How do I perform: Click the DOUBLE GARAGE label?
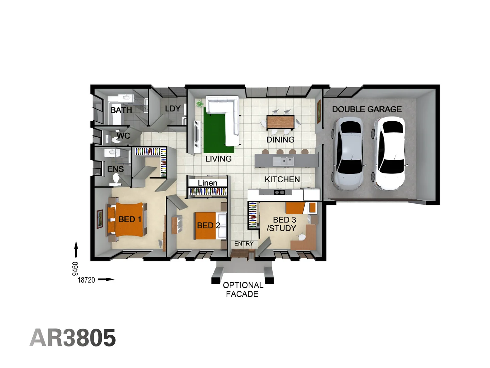[x=366, y=109]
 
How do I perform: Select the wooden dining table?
[x=280, y=122]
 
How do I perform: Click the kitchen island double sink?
[x=287, y=161]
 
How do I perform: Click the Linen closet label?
[x=207, y=183]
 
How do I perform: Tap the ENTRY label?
[x=244, y=243]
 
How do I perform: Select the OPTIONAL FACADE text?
[x=243, y=290]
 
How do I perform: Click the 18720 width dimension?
[x=86, y=280]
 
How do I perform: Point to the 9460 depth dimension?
[x=75, y=269]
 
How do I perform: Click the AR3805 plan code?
[x=72, y=338]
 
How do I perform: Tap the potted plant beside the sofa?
[x=199, y=104]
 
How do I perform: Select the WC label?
[x=123, y=136]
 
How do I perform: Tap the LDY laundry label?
[x=173, y=109]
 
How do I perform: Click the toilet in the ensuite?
[x=116, y=179]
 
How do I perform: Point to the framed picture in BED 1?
[x=100, y=219]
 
